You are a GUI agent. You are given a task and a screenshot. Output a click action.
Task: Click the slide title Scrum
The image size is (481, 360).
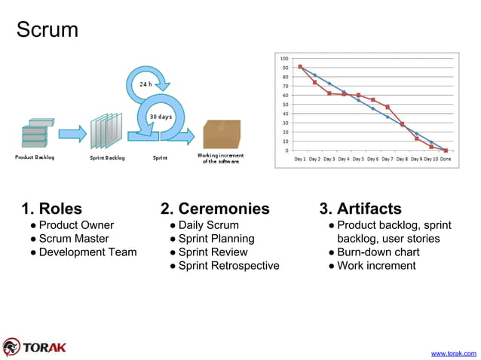coord(47,31)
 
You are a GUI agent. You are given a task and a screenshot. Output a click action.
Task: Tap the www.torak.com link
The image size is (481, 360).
coord(453,352)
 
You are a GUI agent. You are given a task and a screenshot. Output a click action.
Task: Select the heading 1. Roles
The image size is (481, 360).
coord(52,209)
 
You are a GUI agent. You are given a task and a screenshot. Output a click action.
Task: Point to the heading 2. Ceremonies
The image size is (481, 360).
coord(215,209)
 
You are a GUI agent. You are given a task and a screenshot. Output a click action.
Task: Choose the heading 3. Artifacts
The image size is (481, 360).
coord(360,209)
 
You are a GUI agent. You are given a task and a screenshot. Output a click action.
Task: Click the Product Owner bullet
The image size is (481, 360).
coord(76,225)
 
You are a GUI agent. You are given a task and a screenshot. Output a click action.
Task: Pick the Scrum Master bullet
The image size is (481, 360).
coord(74,239)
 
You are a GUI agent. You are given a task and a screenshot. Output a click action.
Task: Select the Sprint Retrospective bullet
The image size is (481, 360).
coord(228,266)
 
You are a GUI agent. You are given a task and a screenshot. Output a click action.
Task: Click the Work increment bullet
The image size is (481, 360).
coord(376,266)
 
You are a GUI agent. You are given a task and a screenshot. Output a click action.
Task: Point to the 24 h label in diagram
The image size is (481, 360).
coord(146,84)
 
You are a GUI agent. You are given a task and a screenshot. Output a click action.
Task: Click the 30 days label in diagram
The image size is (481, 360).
coord(160,117)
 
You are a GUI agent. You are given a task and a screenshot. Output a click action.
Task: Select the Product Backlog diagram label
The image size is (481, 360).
coord(35,157)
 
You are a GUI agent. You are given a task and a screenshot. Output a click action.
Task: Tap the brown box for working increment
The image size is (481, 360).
coord(222,134)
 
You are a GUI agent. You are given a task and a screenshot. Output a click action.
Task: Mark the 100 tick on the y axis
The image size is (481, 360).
coord(283,58)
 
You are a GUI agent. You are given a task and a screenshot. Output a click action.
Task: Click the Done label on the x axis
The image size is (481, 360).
coord(446,160)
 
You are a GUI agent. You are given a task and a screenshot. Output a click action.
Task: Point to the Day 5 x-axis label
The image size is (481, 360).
coord(358,160)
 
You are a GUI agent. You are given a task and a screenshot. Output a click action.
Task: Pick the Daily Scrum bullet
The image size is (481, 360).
coord(208,225)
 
